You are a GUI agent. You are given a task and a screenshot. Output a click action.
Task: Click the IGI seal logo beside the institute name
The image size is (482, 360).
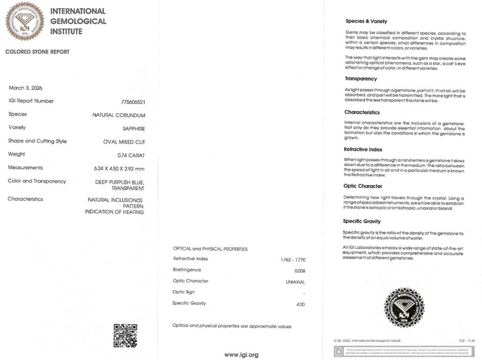(24, 21)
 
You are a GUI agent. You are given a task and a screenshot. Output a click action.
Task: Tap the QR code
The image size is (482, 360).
(125, 336)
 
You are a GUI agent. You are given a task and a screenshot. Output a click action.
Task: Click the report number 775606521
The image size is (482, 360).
(133, 102)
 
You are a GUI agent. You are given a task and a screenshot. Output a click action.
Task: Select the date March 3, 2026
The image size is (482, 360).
(25, 88)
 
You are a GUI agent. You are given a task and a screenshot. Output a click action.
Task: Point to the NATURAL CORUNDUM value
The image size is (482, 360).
(119, 115)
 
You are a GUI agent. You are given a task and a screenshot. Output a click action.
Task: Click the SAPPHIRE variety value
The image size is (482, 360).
(134, 128)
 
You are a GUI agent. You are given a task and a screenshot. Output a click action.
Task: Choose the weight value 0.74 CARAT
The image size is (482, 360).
(131, 155)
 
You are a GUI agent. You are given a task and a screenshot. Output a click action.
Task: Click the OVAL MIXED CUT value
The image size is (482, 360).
(124, 142)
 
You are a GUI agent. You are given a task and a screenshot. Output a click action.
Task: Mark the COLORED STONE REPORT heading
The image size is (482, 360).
(37, 52)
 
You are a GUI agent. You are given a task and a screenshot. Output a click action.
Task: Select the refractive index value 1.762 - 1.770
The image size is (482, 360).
(293, 259)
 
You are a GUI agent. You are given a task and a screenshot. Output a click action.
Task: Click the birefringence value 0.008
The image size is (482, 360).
(299, 271)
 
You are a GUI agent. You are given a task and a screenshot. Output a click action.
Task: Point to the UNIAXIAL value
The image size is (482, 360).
(295, 282)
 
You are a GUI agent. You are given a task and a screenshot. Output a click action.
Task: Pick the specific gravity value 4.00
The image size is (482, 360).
(300, 304)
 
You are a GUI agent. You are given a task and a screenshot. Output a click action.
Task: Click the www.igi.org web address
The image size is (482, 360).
(241, 355)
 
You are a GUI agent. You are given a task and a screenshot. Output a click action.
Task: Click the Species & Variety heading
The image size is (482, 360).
(366, 21)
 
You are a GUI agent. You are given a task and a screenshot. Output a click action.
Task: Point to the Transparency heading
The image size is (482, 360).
(361, 79)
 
